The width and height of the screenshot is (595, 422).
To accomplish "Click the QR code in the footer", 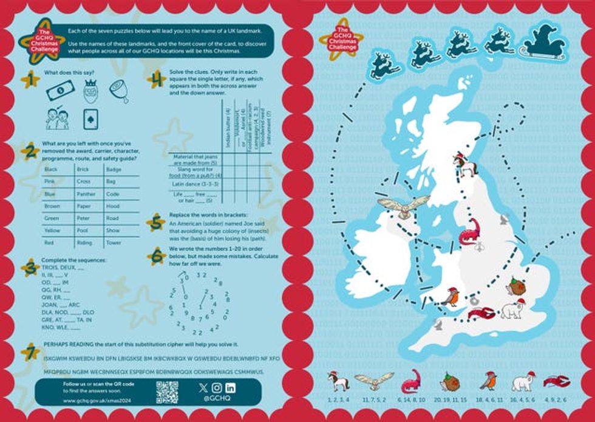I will point(167,392).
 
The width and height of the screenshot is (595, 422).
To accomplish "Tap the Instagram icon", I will point(217,387).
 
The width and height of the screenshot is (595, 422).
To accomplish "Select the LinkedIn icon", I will point(230,387).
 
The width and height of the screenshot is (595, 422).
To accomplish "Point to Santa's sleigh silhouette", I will point(546,43).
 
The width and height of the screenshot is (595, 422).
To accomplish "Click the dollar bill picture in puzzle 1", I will point(59,91).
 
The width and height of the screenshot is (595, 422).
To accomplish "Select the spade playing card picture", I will point(89,119).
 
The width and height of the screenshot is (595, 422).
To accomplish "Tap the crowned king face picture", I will point(90,91).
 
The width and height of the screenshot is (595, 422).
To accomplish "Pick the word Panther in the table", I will point(86,193).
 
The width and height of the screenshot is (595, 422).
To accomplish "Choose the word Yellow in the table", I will point(52,231).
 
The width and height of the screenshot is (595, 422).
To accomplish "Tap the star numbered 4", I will point(157,79).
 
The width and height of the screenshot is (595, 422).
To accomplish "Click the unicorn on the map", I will point(465,165).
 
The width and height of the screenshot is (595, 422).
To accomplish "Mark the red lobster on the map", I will point(483,314).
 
